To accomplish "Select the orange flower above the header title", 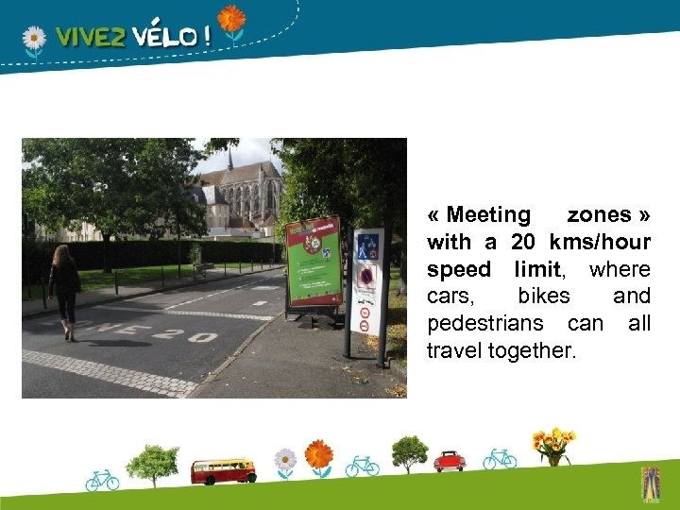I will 230,19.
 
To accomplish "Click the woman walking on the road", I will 65,291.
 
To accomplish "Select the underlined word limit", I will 537,270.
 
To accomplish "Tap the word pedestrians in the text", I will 491,324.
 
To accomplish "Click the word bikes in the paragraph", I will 543,297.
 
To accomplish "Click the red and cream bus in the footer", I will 222,470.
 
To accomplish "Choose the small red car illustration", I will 450,461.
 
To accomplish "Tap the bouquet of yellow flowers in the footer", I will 552,445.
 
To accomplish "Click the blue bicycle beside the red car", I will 500,459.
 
